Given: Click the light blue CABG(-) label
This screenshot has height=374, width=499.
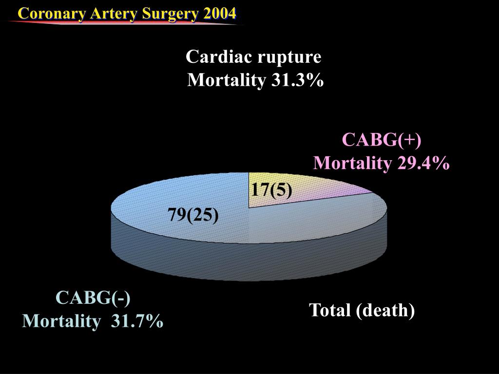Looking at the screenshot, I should [93, 297].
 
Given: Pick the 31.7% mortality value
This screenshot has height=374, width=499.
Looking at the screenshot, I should [137, 321].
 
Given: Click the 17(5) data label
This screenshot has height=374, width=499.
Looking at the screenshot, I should [271, 190].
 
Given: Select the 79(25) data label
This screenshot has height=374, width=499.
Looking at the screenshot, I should [193, 214].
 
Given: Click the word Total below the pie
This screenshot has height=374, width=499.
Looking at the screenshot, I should [330, 310].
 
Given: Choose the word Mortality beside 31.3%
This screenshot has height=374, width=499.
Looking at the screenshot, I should [227, 79].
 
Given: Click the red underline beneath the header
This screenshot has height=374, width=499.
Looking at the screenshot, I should [122, 23].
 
